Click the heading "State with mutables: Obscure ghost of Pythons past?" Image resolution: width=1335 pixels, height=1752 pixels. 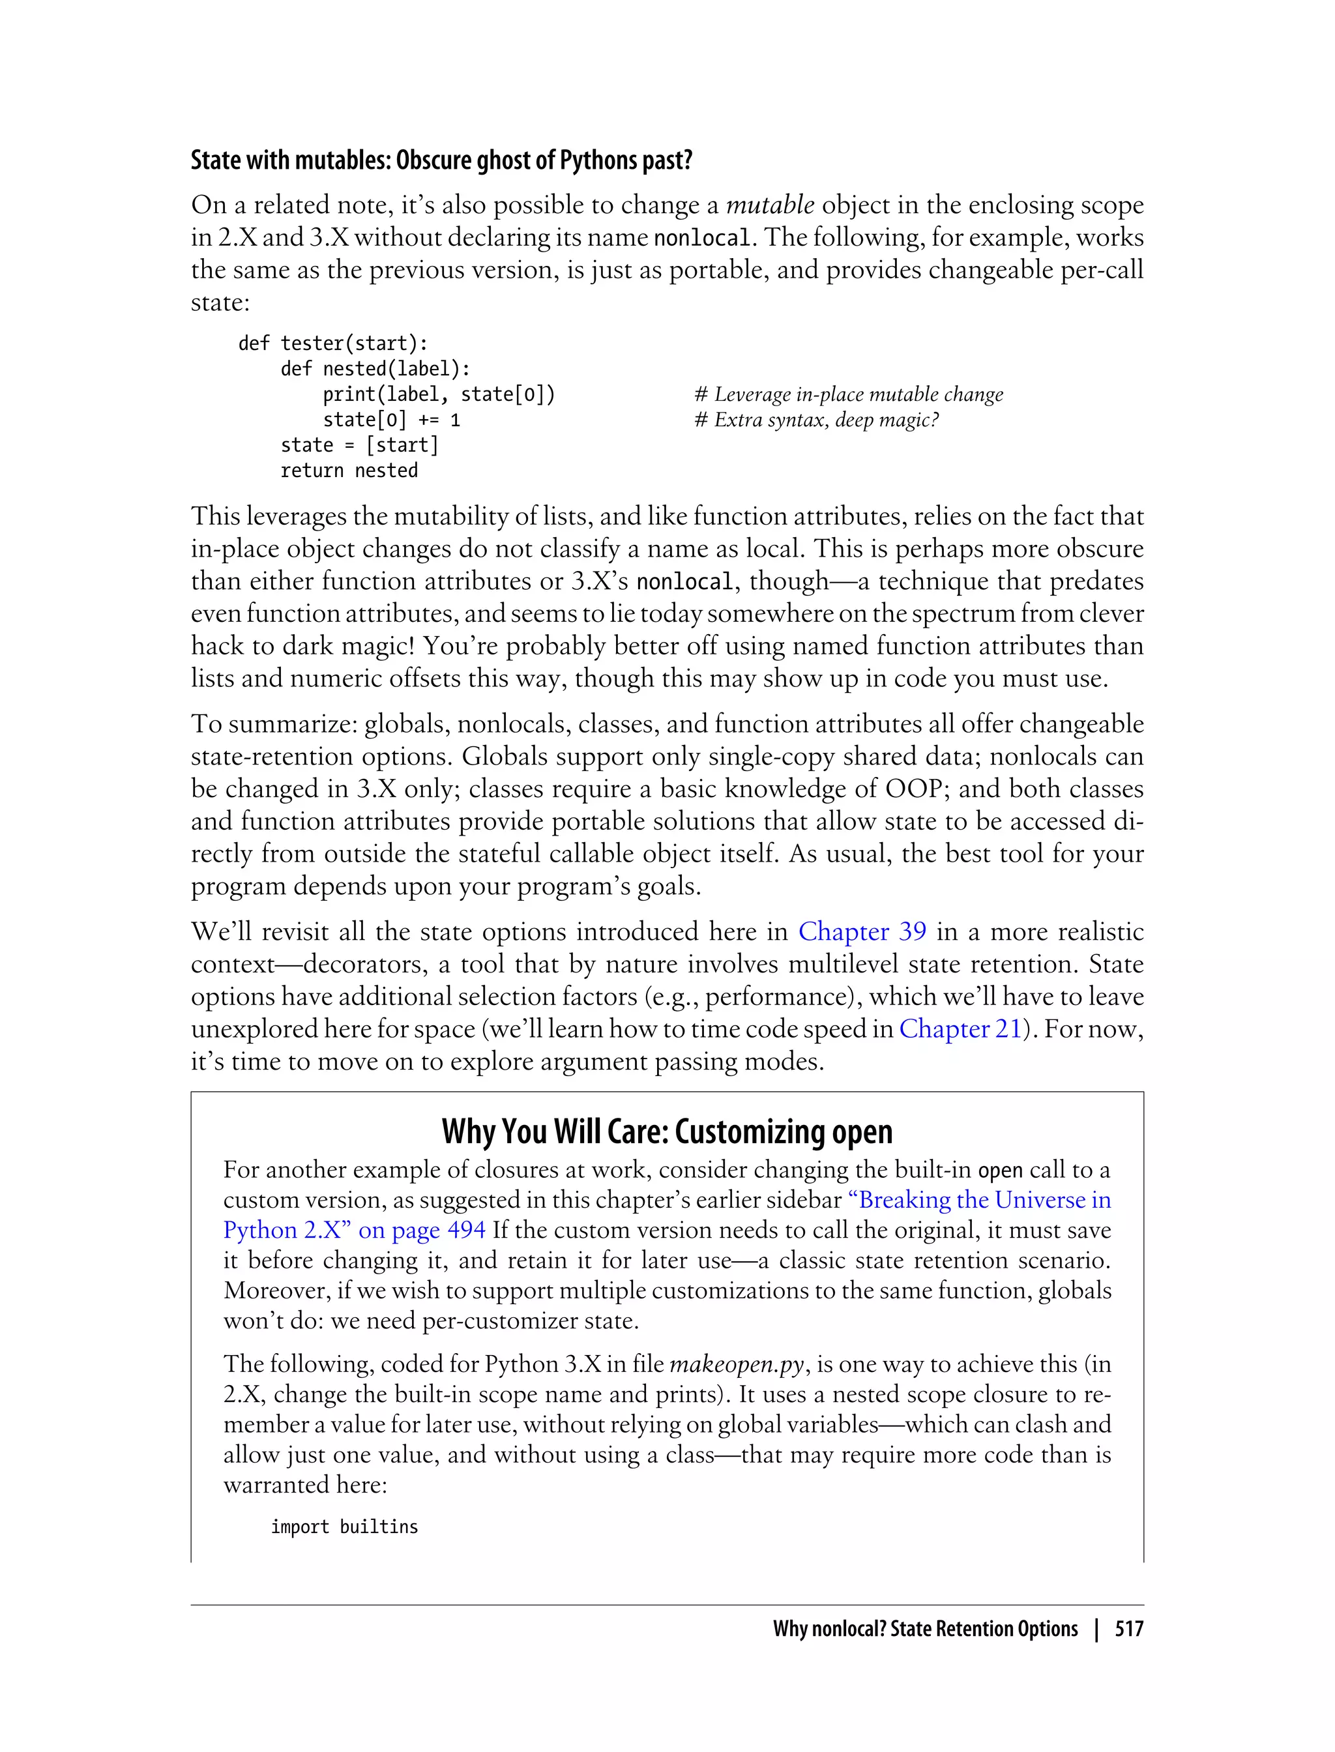441,160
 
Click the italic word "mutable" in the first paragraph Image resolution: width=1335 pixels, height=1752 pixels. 769,205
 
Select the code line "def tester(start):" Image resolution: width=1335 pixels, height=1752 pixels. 333,343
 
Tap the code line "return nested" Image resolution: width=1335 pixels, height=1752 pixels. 349,471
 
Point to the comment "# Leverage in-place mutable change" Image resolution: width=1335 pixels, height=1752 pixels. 848,394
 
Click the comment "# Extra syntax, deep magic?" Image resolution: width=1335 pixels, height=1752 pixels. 816,420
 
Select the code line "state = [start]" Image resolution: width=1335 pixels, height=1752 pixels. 359,445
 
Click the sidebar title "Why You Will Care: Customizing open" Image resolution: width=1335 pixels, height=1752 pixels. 667,1131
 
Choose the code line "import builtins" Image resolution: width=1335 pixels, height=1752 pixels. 344,1527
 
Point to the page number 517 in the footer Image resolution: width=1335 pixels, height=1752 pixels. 1128,1629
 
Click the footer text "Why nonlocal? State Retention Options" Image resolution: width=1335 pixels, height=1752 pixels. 925,1629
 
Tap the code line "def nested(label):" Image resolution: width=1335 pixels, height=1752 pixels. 375,369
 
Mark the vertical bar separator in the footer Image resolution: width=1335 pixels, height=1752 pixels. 1096,1629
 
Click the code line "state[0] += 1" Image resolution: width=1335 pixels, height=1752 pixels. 391,420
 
